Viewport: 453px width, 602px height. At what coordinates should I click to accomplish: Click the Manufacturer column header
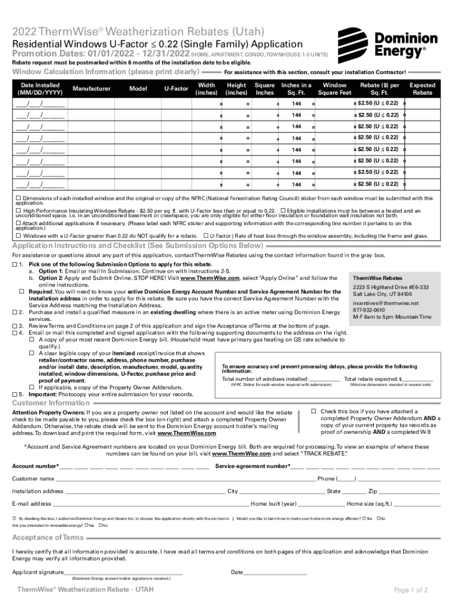91,89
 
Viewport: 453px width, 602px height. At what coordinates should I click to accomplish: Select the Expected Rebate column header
422,89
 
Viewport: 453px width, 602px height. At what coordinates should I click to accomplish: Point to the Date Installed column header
39,89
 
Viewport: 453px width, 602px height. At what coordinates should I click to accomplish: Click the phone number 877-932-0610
369,310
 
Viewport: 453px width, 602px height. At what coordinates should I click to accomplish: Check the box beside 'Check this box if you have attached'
314,411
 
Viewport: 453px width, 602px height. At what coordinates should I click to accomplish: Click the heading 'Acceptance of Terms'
48,537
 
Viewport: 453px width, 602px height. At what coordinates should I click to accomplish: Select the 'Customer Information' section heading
51,403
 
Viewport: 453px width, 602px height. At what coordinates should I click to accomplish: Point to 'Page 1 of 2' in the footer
411,590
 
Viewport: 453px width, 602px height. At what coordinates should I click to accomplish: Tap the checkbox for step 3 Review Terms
14,325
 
